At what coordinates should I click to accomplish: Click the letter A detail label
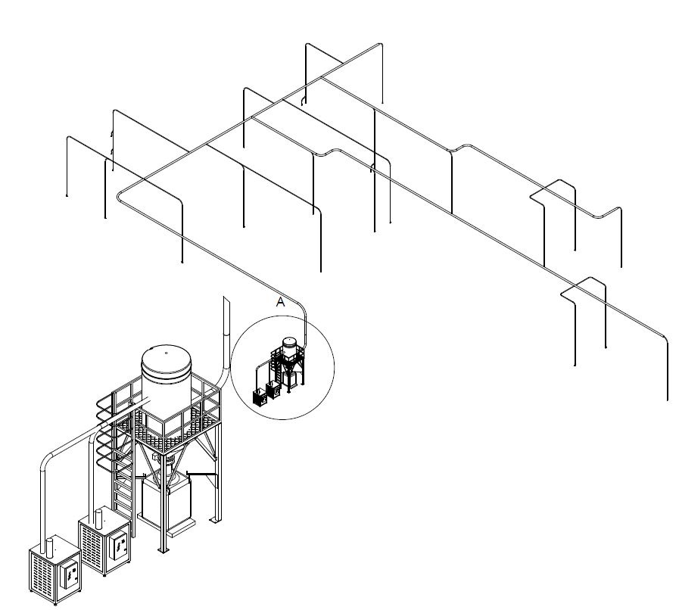(x=281, y=302)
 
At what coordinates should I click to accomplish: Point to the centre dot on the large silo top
(x=167, y=353)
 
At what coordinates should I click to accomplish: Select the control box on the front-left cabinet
(x=70, y=575)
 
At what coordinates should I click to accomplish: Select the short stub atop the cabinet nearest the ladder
(x=98, y=518)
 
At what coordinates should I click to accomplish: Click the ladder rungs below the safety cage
(x=123, y=498)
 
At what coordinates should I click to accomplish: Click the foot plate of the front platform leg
(x=164, y=550)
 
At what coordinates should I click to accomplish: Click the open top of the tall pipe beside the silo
(x=226, y=298)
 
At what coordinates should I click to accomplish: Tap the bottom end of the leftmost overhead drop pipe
(x=67, y=195)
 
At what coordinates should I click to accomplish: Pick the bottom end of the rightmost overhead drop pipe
(x=668, y=399)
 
